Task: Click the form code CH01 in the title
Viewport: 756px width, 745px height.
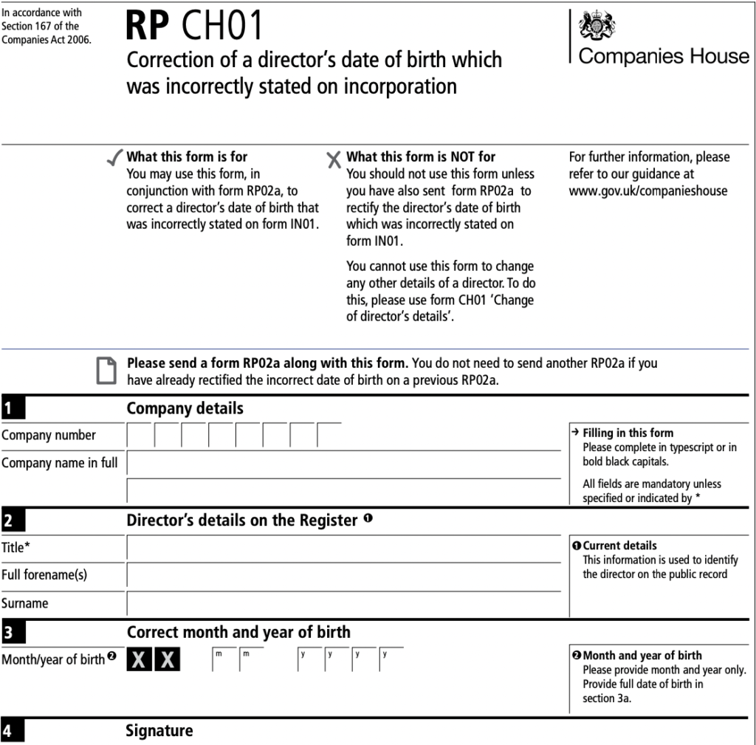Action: tap(221, 27)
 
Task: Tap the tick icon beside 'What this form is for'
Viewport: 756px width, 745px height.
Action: tap(114, 157)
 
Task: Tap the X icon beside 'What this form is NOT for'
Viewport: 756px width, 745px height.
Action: tap(334, 159)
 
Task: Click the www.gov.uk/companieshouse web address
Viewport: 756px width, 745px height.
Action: tap(647, 190)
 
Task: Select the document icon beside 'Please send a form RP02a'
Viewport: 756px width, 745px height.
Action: tap(107, 370)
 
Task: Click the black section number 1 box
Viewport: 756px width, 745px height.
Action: tap(13, 408)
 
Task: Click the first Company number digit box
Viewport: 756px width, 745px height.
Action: tap(140, 436)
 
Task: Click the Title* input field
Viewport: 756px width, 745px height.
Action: tap(343, 548)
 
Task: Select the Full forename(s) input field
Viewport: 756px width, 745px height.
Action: tap(343, 575)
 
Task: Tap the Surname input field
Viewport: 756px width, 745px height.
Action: tap(343, 603)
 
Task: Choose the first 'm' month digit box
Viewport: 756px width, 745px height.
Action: tap(224, 659)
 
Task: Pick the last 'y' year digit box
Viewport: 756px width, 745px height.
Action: tap(392, 659)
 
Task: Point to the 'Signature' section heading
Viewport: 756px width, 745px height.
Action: tap(159, 731)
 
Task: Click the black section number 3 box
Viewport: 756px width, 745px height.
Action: tap(13, 633)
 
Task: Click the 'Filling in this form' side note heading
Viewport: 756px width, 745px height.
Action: tap(628, 433)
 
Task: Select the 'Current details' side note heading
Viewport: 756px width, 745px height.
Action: tap(619, 546)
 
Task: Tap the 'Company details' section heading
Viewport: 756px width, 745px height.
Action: tap(185, 408)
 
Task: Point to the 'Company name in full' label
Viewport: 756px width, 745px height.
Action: tap(59, 463)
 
